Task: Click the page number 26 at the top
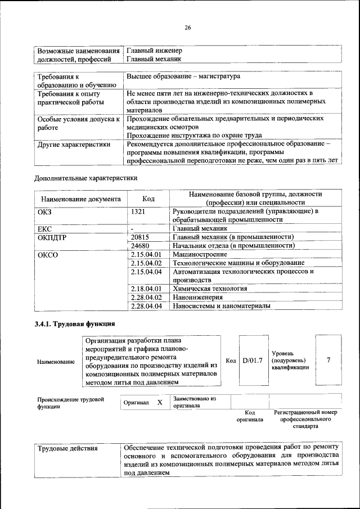[188, 28]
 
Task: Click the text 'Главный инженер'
[154, 51]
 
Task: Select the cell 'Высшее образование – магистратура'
[183, 76]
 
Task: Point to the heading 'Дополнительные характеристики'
[85, 178]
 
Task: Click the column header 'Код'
[148, 199]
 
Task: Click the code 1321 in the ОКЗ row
[138, 211]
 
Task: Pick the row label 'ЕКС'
[44, 229]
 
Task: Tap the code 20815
[139, 237]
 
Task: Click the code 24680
[139, 246]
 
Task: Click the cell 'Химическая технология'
[210, 289]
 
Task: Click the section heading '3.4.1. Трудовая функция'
[75, 325]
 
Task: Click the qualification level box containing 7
[328, 360]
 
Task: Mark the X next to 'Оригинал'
[160, 403]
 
